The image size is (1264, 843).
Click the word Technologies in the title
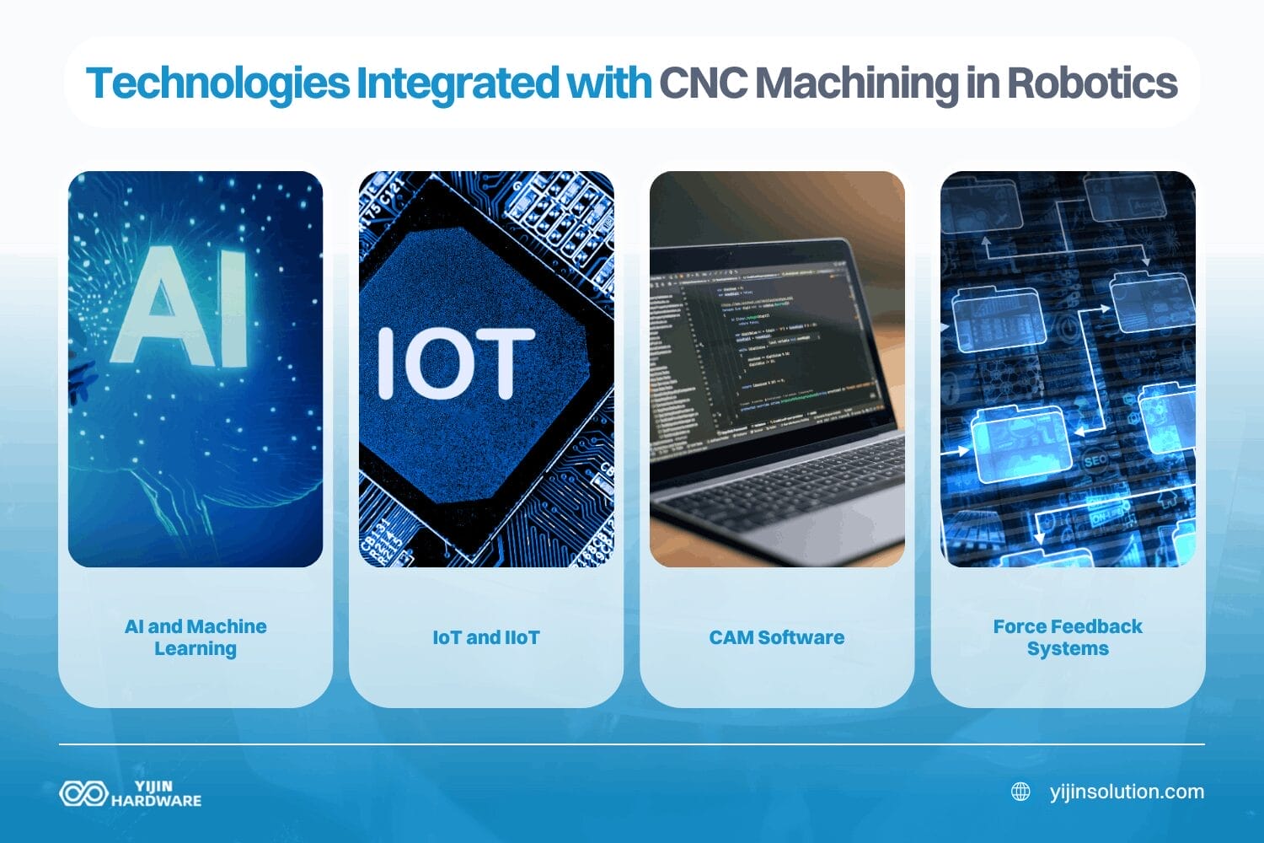click(x=217, y=83)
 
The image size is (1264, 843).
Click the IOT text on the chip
click(x=455, y=363)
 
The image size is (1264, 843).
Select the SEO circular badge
click(x=1095, y=461)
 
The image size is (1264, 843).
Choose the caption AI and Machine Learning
click(x=195, y=637)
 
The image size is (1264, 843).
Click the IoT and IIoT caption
click(x=486, y=637)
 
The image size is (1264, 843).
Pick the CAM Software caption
click(x=776, y=637)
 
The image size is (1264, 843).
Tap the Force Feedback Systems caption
click(x=1068, y=637)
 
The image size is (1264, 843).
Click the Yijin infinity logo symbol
click(x=83, y=793)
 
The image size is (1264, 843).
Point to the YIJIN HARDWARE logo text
click(x=156, y=793)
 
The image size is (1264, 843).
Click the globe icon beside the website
click(x=1020, y=792)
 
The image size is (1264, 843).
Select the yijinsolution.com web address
click(x=1127, y=792)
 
